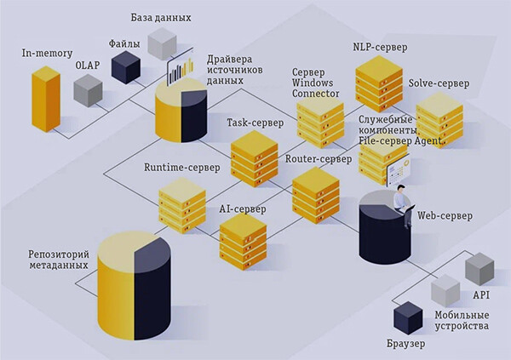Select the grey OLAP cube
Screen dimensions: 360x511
(x=88, y=89)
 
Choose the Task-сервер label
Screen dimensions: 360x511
(x=255, y=123)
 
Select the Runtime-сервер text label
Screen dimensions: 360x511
(x=182, y=168)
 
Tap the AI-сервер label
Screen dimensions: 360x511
(x=244, y=209)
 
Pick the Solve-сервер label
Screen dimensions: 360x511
(x=439, y=83)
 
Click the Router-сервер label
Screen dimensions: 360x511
(x=319, y=159)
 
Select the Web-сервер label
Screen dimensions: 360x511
(x=445, y=215)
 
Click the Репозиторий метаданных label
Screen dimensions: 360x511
(x=55, y=260)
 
